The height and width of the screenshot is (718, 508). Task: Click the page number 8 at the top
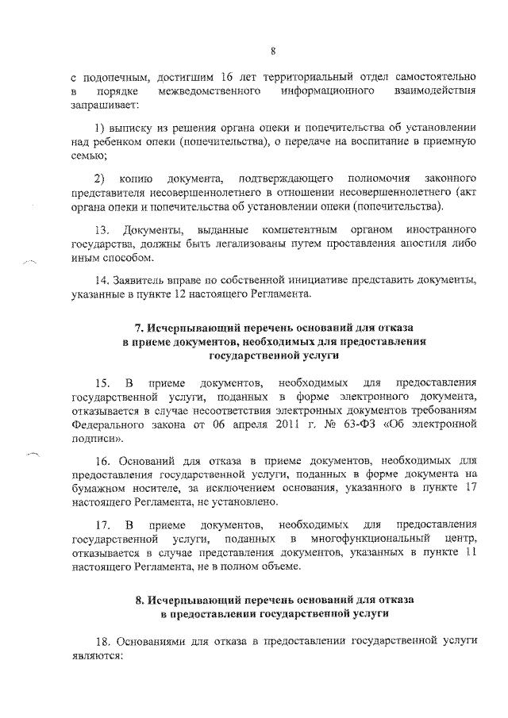271,53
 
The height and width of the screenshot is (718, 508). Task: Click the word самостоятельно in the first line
429,77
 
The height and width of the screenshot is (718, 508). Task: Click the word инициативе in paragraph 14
294,282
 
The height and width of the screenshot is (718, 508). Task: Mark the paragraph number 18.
102,639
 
